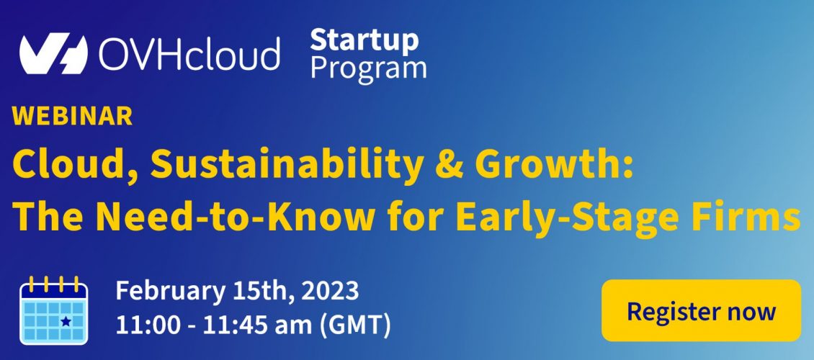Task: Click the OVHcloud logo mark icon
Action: pyautogui.click(x=53, y=53)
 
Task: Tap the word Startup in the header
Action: pyautogui.click(x=364, y=40)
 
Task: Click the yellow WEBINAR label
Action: pyautogui.click(x=72, y=116)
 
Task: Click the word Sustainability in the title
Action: pyautogui.click(x=285, y=165)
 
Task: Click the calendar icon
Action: pyautogui.click(x=54, y=311)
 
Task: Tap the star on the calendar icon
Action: pyautogui.click(x=66, y=322)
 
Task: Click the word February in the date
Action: pyautogui.click(x=167, y=292)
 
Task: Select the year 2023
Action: pyautogui.click(x=330, y=291)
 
